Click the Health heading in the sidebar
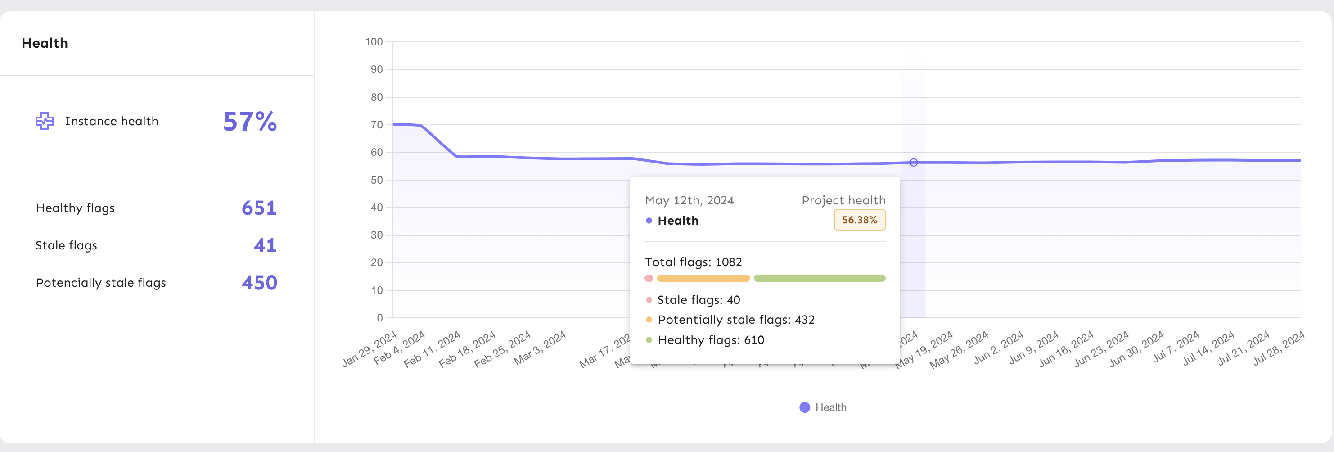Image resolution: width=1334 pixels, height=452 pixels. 45,43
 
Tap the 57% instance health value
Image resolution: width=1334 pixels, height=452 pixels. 250,122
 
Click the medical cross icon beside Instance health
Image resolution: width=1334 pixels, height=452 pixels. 45,121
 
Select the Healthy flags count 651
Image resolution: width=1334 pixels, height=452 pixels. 259,208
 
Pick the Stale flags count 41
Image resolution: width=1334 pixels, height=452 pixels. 265,245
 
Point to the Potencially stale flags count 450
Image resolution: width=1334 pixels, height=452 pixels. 259,283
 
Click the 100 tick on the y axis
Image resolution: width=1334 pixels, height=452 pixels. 374,42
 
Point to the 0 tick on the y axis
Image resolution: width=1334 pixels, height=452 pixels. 379,318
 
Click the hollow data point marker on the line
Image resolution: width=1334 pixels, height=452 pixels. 914,163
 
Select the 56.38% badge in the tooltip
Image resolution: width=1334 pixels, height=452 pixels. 859,220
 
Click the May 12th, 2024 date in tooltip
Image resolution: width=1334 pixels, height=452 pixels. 689,200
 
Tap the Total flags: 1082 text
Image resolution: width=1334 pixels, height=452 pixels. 693,262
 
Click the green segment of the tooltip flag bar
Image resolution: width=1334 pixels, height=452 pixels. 819,279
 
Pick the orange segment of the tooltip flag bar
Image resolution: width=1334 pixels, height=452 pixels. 703,279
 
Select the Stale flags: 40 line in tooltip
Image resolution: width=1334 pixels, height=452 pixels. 698,300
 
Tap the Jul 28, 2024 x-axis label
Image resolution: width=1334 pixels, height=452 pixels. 1279,348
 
